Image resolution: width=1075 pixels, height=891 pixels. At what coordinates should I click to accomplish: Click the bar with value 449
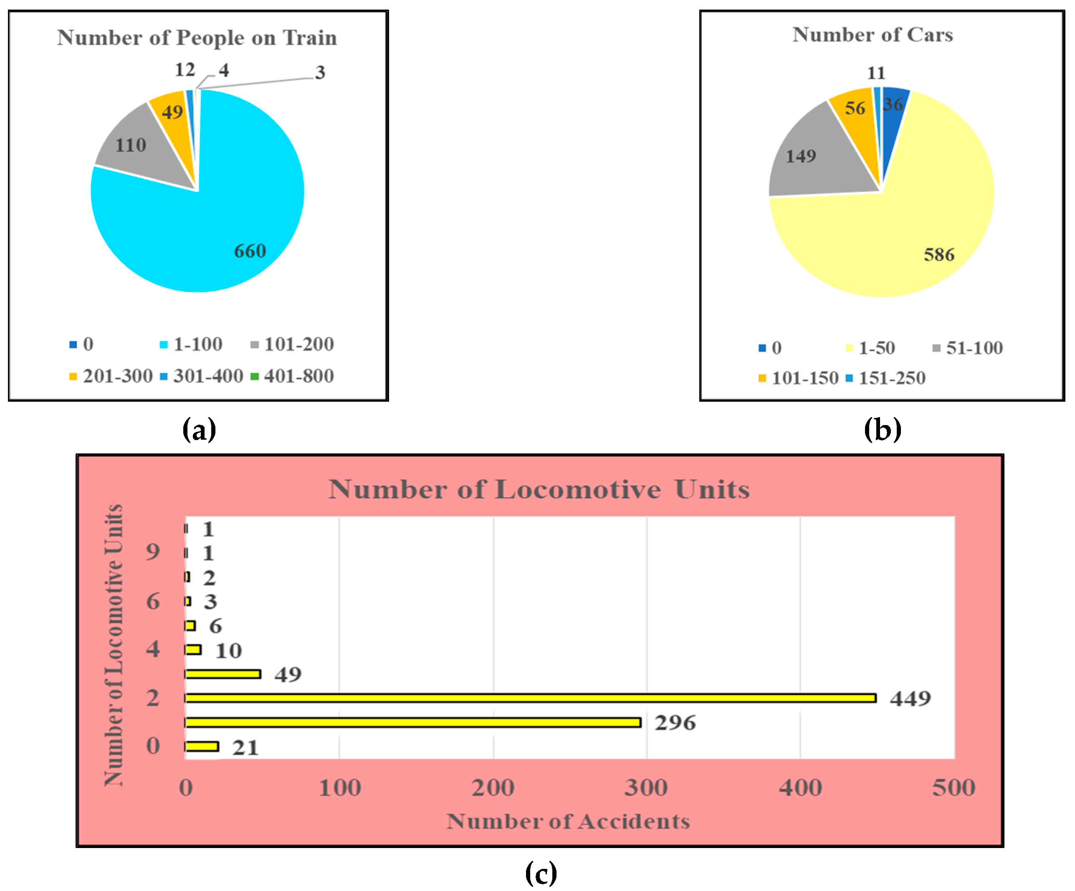(530, 698)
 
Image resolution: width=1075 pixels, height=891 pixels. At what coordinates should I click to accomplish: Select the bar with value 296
(412, 722)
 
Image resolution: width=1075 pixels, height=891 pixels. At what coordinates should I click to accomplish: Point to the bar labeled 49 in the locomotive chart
(223, 674)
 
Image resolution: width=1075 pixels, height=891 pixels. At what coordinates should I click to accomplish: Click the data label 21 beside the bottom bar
(245, 748)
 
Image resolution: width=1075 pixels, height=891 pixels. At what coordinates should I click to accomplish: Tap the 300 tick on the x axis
(646, 788)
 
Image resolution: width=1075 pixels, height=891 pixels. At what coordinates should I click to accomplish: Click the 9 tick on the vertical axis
(152, 551)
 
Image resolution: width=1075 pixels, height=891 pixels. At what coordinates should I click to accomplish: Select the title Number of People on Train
(197, 38)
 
